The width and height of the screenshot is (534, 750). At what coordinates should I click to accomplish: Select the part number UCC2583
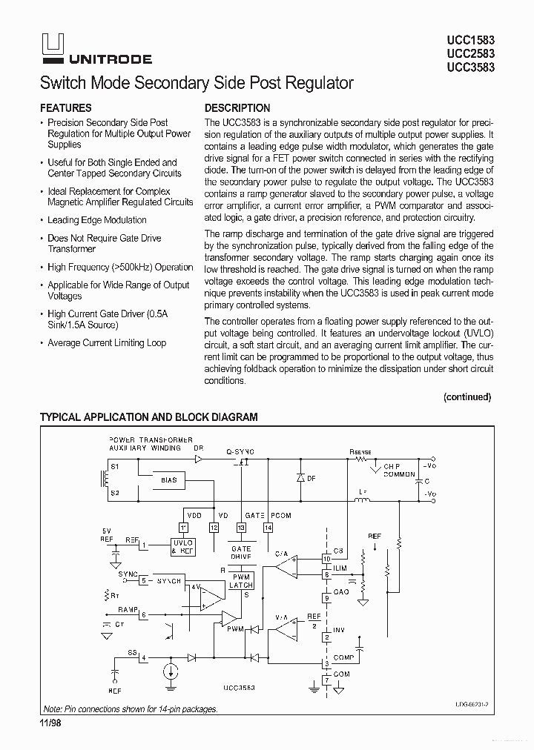pyautogui.click(x=471, y=53)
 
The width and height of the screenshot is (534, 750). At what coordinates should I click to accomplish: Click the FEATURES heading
pyautogui.click(x=66, y=107)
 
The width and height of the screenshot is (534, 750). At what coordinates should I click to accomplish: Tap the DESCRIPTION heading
pyautogui.click(x=237, y=107)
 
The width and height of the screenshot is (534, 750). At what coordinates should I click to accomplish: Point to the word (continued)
pyautogui.click(x=467, y=396)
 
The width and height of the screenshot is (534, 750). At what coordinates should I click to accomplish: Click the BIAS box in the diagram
pyautogui.click(x=169, y=480)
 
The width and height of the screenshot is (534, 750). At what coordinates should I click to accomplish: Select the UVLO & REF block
pyautogui.click(x=182, y=547)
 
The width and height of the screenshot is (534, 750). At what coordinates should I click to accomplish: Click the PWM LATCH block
pyautogui.click(x=242, y=581)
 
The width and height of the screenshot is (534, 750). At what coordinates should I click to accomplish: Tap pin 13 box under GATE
pyautogui.click(x=241, y=527)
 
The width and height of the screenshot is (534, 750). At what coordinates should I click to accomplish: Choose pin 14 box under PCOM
pyautogui.click(x=268, y=527)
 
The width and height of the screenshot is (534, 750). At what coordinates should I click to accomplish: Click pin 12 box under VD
pyautogui.click(x=214, y=527)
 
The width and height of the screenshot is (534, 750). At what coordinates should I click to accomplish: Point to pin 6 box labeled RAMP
pyautogui.click(x=144, y=615)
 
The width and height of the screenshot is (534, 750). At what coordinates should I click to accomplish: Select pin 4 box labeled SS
pyautogui.click(x=144, y=657)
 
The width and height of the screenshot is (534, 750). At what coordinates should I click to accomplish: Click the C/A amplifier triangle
pyautogui.click(x=284, y=567)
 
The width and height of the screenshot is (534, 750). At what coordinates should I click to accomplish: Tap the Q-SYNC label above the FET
pyautogui.click(x=240, y=451)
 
